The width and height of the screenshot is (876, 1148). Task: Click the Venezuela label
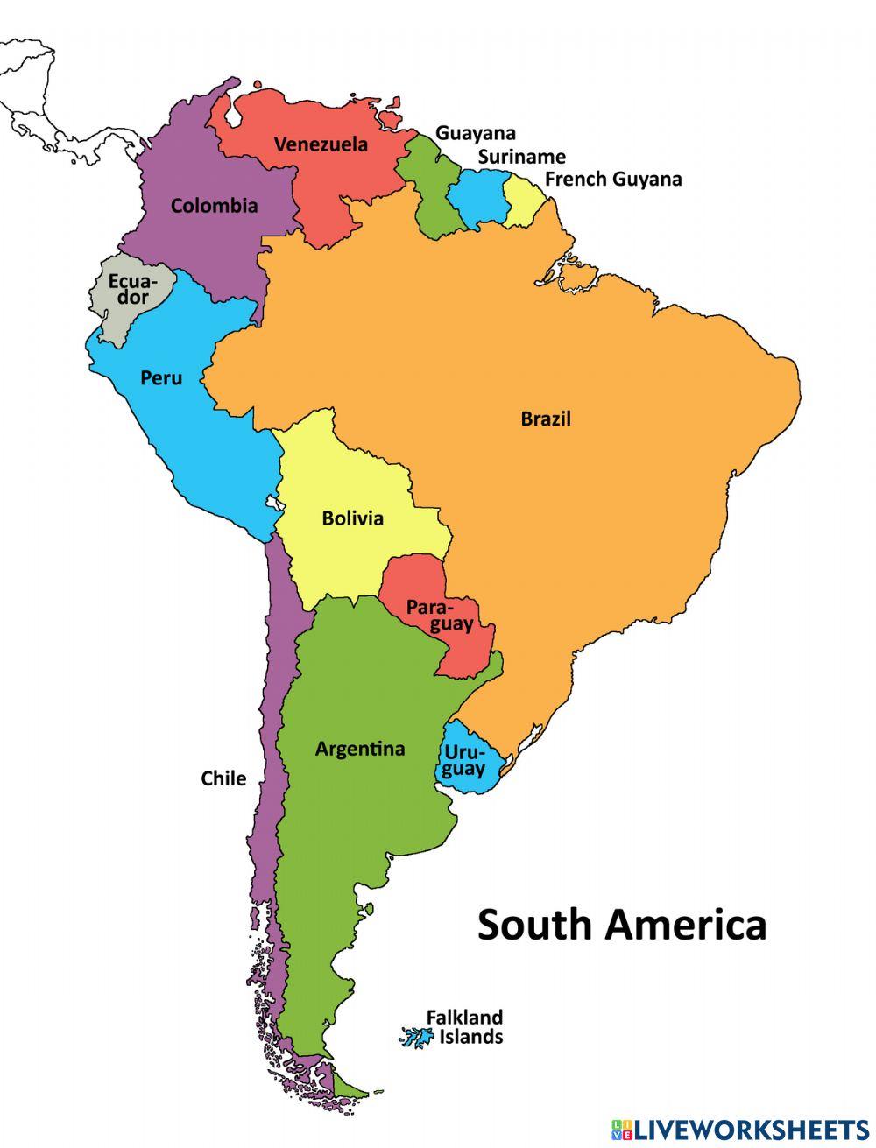(321, 144)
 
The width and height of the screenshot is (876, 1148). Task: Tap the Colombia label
(214, 206)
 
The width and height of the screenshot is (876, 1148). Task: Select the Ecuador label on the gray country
(128, 289)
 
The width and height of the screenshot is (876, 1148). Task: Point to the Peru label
(161, 378)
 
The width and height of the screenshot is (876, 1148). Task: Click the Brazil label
(545, 419)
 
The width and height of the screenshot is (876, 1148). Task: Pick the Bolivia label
(352, 518)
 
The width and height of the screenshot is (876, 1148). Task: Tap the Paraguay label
(439, 616)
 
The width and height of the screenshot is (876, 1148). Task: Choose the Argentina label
(359, 749)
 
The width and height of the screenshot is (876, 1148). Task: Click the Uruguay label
(463, 761)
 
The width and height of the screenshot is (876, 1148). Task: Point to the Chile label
(223, 778)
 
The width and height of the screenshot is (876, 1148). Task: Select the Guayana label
(476, 133)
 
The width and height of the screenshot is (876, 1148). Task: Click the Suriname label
(521, 157)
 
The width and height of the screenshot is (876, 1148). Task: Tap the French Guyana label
(612, 180)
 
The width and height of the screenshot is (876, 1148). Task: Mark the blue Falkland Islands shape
(417, 1038)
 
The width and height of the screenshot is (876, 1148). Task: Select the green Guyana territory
(427, 188)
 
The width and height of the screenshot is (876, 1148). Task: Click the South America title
(621, 924)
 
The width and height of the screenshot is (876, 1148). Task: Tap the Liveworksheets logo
(740, 1128)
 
